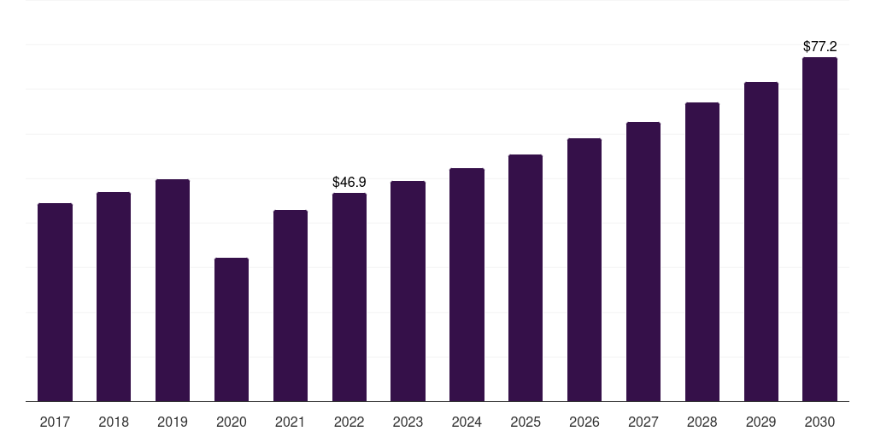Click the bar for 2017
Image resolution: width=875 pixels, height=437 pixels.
point(55,302)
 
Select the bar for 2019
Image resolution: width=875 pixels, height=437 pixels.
point(173,290)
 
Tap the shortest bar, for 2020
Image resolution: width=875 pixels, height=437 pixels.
point(232,329)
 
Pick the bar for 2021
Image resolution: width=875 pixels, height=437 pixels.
point(291,306)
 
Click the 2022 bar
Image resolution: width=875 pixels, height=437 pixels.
point(349,297)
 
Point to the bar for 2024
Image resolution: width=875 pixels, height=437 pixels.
point(467,284)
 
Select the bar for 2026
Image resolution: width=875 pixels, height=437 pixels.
point(584,270)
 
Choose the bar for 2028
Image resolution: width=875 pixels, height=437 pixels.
point(702,252)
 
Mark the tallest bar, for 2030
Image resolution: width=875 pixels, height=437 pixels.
point(819,230)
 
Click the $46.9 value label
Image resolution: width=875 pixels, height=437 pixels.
point(349,182)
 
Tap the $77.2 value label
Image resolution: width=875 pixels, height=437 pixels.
point(819,47)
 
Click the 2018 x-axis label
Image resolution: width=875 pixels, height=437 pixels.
point(114,422)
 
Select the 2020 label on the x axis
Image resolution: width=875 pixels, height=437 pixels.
point(232,422)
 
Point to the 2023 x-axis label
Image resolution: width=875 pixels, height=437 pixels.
point(408,422)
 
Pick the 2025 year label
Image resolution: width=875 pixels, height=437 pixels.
point(526,422)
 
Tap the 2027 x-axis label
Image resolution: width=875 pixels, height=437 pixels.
point(643,422)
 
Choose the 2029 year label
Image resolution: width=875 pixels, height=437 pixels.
point(760,422)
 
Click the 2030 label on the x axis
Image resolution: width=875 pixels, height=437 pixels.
point(819,422)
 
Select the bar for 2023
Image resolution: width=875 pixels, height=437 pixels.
point(408,291)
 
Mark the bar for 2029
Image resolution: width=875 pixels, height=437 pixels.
point(760,242)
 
